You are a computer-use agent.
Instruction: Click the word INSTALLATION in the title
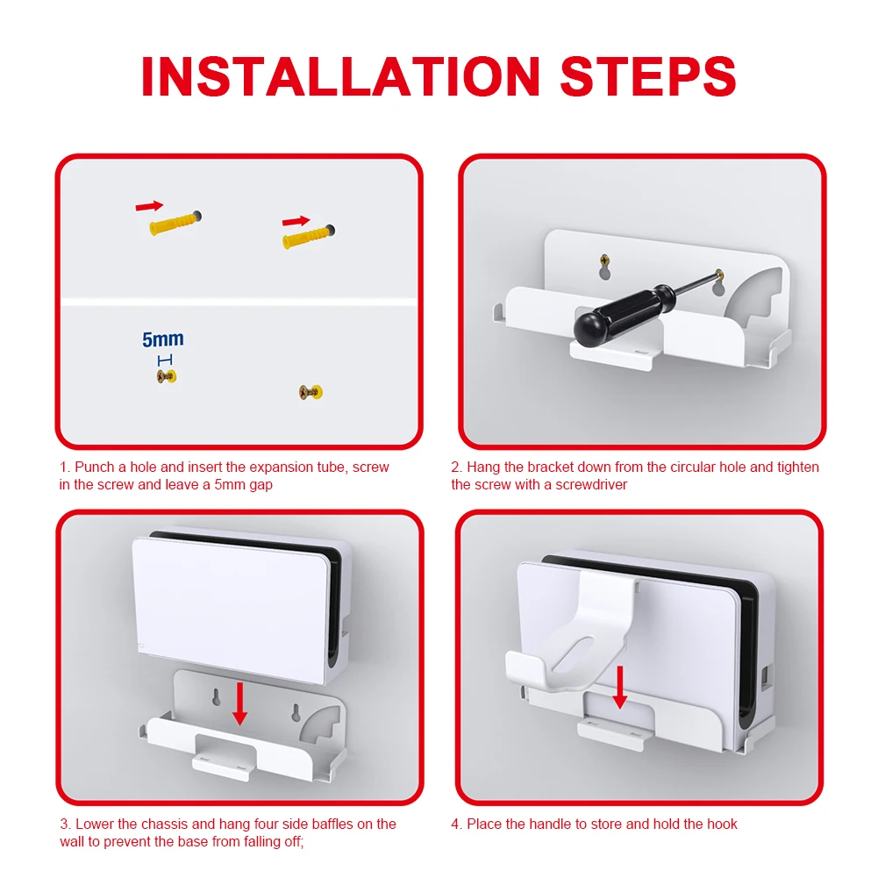(x=340, y=76)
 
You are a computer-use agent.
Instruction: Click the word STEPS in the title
(x=648, y=76)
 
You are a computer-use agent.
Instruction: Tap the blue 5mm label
(x=162, y=339)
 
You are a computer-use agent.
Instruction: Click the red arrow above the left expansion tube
(x=149, y=206)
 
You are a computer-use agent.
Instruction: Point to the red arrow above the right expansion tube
(x=296, y=221)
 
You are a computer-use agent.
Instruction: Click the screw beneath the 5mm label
(x=167, y=376)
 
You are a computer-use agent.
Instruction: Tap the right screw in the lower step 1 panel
(x=311, y=392)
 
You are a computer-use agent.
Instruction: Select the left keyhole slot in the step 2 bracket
(x=604, y=268)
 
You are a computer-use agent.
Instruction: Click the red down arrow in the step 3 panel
(x=239, y=703)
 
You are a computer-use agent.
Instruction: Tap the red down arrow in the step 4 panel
(x=620, y=687)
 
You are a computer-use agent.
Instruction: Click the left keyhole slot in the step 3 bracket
(x=216, y=696)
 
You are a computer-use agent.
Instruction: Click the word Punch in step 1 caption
(x=94, y=467)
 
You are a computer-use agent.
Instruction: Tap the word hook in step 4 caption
(x=723, y=824)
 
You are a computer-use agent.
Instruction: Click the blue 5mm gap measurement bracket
(x=165, y=360)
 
